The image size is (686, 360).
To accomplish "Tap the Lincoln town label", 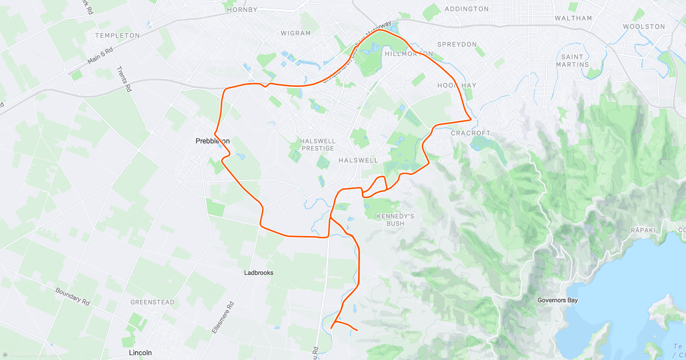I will point(140,353).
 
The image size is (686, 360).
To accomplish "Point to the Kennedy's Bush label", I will point(395,219).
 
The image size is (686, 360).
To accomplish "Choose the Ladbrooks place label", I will point(258,273).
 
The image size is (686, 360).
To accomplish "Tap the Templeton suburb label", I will point(118,35).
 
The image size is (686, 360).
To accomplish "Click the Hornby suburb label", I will point(242,10).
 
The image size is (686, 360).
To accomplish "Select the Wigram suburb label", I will point(296,33).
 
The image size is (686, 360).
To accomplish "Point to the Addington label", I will point(466,9).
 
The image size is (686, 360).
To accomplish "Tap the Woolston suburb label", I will point(644,26).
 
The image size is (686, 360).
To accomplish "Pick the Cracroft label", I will point(470,133).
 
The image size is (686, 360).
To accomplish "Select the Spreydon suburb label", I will point(457,44).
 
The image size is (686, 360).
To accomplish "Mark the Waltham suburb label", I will point(573,18).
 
